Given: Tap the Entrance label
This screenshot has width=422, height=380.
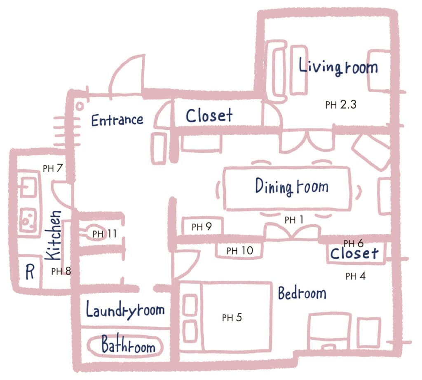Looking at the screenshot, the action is (117, 120).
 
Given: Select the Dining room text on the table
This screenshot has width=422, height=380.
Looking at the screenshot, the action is (292, 186).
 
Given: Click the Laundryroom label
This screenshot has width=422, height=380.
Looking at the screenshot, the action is (125, 310).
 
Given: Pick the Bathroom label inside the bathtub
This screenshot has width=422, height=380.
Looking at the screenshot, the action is (129, 345).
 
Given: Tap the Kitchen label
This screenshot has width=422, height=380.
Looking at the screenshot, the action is (53, 235).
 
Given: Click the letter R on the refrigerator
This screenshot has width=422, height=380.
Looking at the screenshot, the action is (30, 272).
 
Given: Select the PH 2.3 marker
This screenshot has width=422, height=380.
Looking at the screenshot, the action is (341, 105).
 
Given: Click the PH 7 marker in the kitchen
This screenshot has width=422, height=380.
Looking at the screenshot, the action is (53, 168).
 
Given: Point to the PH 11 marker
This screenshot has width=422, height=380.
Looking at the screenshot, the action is (104, 234).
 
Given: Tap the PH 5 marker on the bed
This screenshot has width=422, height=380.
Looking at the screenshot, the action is (232, 317).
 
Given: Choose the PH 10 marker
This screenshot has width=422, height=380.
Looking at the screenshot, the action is (240, 251).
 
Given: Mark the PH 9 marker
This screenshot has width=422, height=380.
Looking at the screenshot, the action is (202, 227).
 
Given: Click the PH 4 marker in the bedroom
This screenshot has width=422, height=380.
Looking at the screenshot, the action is (356, 276).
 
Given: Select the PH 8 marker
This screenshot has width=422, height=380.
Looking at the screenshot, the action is (61, 271).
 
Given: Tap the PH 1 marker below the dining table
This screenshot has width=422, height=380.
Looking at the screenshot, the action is (294, 220).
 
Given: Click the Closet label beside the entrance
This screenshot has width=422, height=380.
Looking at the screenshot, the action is (209, 116).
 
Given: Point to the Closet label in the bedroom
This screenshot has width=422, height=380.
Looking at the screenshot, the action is (354, 253).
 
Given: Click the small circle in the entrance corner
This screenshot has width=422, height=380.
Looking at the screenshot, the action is (80, 106).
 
